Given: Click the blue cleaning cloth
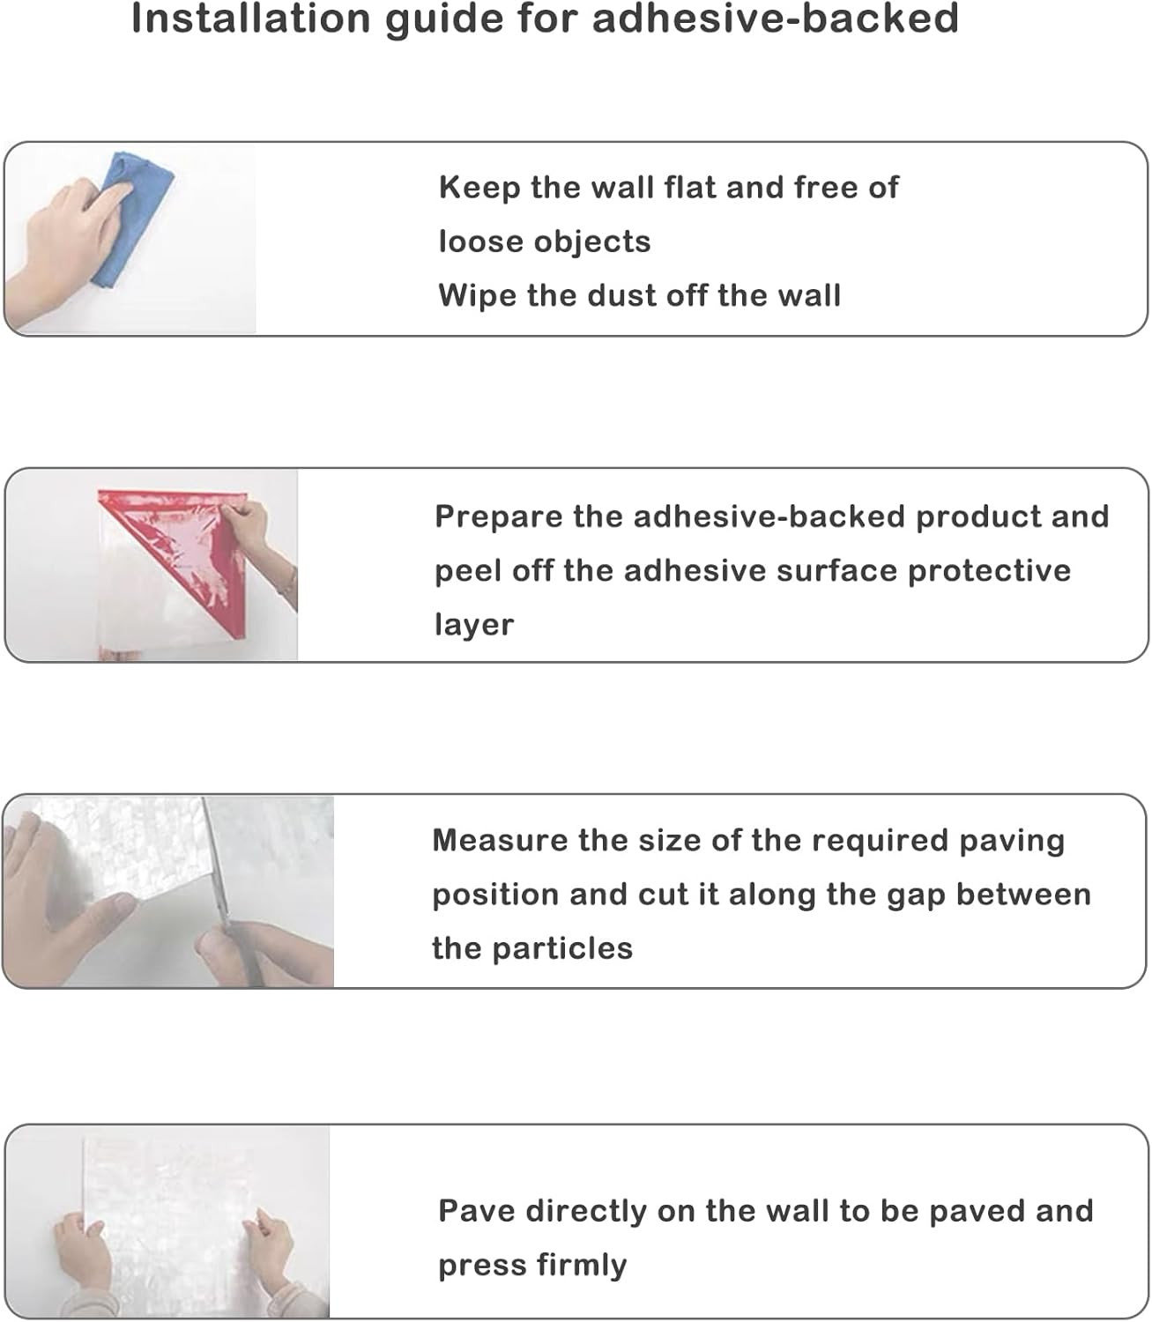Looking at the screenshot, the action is point(132,218).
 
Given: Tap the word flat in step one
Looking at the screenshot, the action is point(687,188).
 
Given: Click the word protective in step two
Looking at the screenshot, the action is point(989,571).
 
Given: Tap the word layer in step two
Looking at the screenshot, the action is point(474,625).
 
